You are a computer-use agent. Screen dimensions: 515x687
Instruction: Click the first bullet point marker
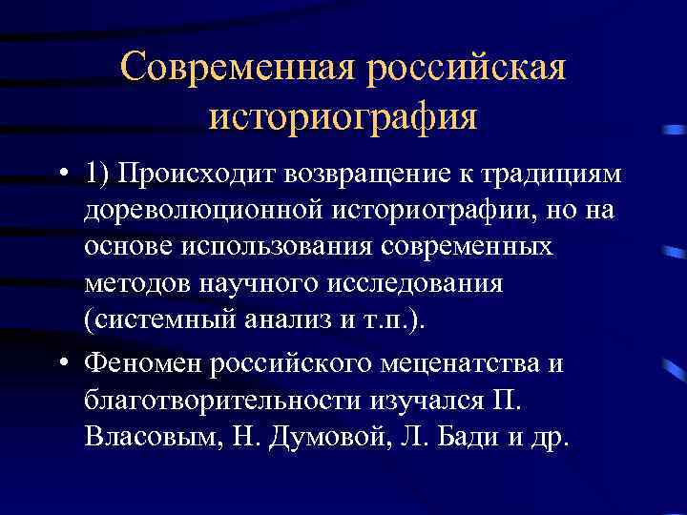[61, 175]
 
